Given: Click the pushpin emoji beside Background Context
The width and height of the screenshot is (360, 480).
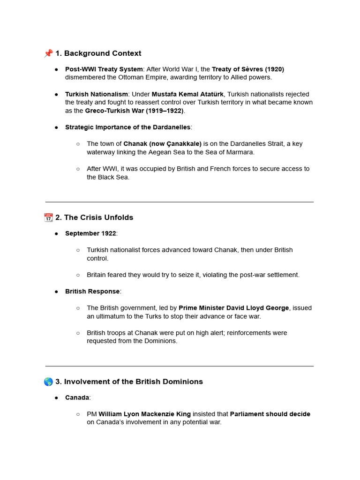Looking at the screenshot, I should pos(48,53).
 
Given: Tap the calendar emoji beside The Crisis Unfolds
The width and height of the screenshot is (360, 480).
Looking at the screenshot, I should pos(48,217).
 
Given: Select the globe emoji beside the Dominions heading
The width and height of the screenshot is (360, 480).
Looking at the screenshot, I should pos(48,382).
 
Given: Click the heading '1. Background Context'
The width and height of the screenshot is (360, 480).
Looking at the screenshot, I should pos(98,53).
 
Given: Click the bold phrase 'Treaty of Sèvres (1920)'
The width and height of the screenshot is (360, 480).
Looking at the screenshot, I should pos(248,69).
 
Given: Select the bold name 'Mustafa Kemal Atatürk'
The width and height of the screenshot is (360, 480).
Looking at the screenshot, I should pos(187,94).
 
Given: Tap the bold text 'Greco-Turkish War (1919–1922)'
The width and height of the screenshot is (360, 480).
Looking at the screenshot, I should pos(134,111).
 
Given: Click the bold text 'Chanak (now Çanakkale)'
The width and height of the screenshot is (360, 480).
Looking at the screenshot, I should pos(162,144).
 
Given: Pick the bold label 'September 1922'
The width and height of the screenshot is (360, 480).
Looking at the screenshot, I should pos(90,233).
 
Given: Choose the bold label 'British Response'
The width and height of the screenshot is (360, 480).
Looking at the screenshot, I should pos(92,292).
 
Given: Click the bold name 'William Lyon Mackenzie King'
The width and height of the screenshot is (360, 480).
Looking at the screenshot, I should pos(144,414).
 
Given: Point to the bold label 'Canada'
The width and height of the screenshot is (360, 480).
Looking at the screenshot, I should pos(77,397).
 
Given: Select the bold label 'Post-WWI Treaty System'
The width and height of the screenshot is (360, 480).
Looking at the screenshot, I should pos(104,69).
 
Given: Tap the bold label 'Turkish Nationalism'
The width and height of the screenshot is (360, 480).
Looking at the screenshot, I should pos(96,94).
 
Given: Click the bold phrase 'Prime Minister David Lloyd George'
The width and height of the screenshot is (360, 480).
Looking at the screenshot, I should pos(234,308).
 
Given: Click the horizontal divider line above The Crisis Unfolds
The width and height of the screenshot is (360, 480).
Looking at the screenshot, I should pos(180,202).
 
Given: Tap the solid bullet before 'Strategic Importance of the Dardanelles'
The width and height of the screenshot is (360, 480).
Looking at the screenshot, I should pos(56,127).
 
